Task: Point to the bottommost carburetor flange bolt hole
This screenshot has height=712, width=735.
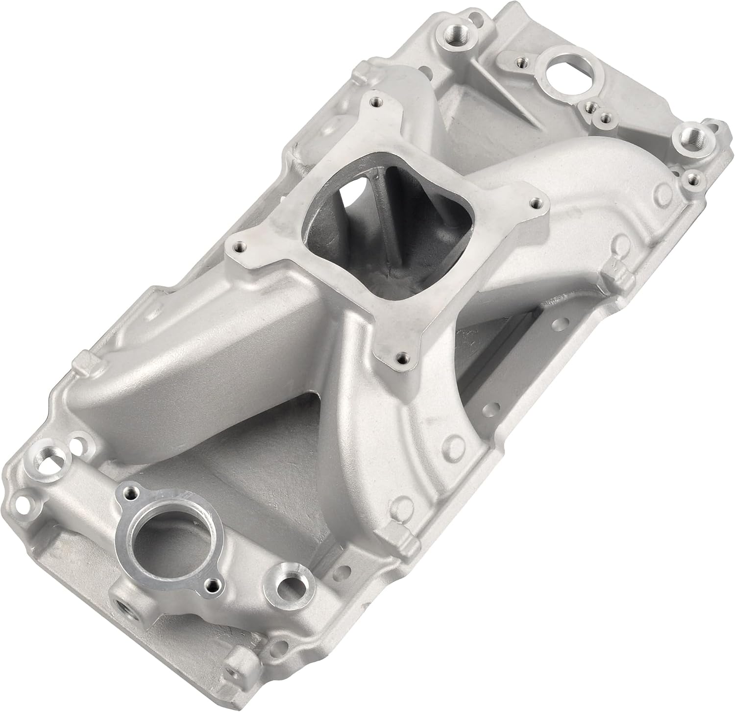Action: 402,356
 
